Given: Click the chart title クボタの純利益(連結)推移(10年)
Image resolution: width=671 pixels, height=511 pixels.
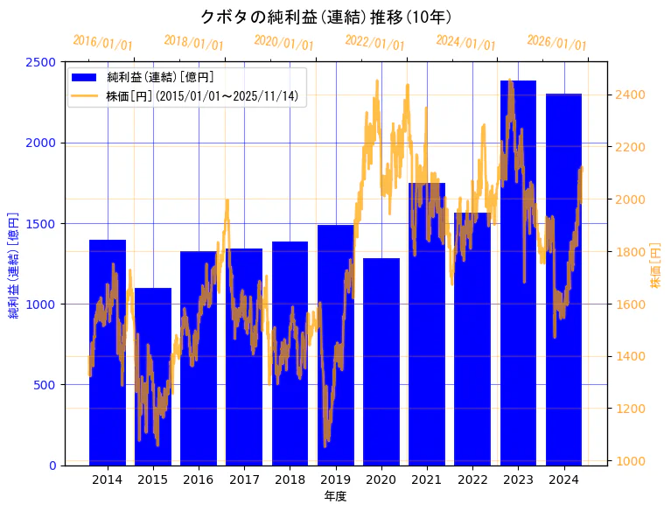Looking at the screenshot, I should click(325, 17).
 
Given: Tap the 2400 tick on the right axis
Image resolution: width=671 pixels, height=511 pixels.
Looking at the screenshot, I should click(630, 94).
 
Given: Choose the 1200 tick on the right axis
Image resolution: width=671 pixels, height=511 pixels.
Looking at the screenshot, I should click(630, 409).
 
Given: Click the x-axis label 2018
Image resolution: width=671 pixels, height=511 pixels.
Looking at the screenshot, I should click(290, 479).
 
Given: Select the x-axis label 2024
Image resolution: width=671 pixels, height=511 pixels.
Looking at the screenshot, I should click(563, 479).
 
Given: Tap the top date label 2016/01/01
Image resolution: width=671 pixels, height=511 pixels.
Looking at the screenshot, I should click(102, 42).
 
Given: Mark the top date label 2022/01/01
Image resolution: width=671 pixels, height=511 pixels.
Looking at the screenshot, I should click(374, 42).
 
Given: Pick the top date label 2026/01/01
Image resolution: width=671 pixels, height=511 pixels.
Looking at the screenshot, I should click(556, 42).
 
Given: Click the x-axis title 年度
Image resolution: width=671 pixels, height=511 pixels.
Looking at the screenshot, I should click(335, 496).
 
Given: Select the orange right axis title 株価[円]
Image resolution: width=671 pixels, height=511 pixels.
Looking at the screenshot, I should click(656, 265).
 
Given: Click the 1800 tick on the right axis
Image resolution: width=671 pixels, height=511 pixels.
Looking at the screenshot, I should click(630, 252).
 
